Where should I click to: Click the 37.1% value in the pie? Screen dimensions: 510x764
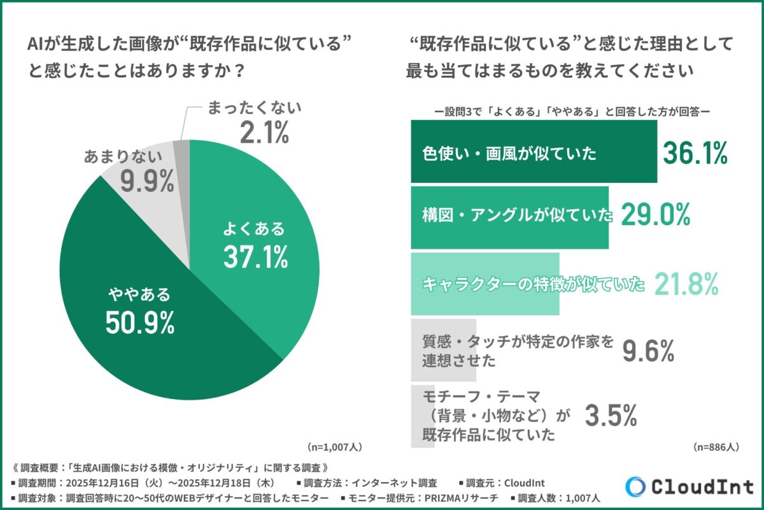255,256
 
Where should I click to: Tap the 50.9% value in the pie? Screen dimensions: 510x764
140,323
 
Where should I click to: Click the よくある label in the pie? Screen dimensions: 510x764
254,229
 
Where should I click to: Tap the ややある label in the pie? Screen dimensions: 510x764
139,295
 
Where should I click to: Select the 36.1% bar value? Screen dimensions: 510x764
695,153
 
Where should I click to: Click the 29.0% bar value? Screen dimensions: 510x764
655,217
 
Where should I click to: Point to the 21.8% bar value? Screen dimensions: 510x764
687,284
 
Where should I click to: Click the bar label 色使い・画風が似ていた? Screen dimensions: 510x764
509,154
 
